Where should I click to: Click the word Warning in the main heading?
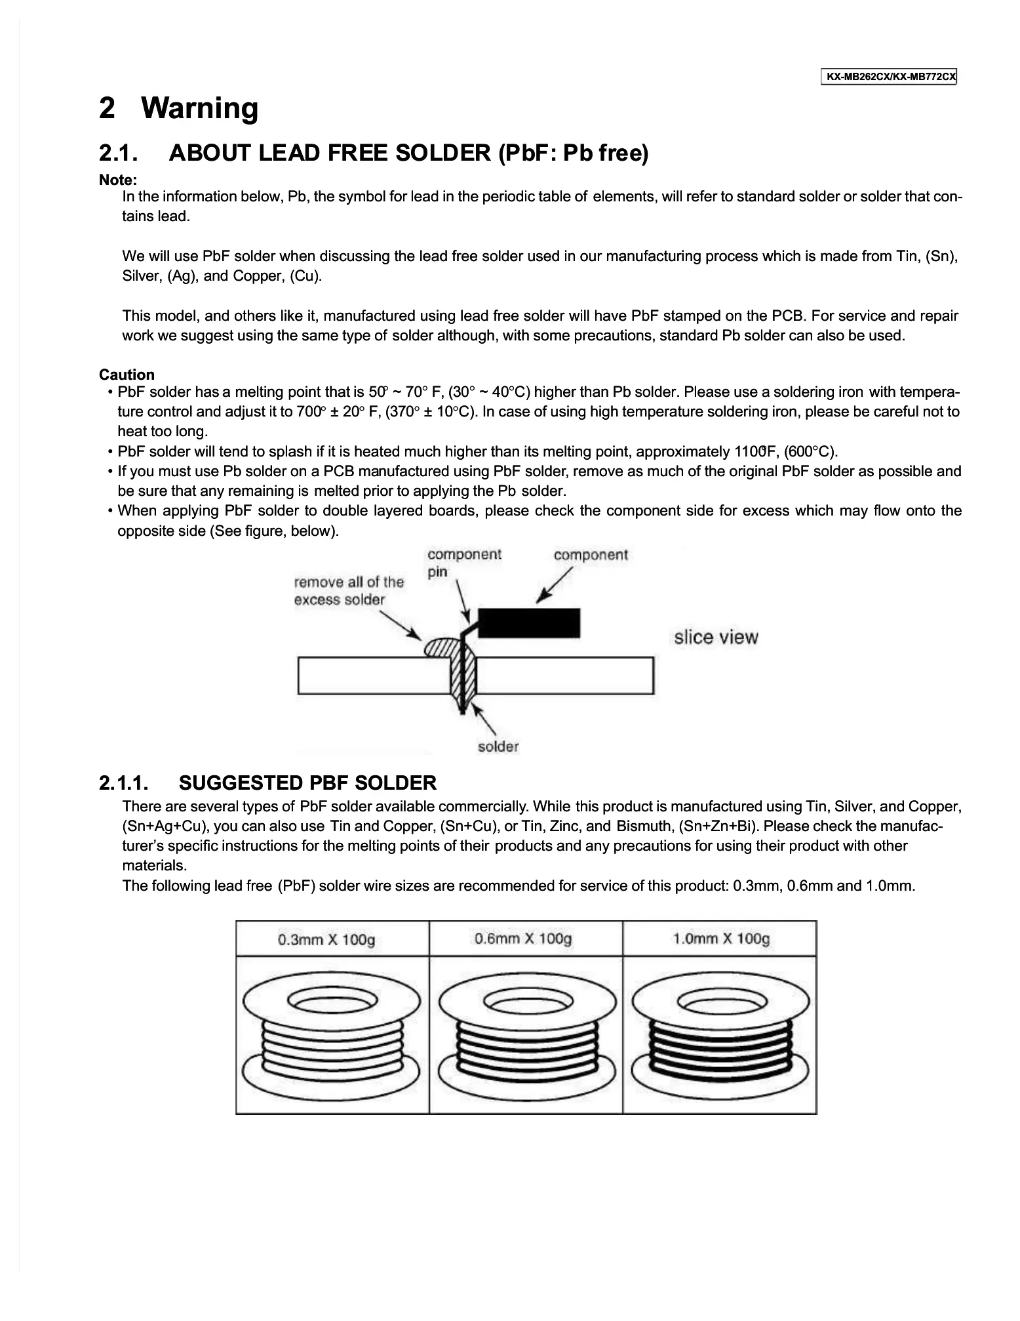[200, 108]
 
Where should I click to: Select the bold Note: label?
[118, 180]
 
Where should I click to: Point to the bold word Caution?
[127, 375]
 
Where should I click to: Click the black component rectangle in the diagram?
[529, 622]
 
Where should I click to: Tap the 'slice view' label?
[716, 638]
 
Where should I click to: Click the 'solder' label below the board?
[498, 746]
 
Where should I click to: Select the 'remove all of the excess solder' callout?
[349, 590]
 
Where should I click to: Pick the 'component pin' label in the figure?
[463, 563]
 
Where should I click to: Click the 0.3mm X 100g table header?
[326, 940]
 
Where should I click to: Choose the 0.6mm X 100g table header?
[523, 939]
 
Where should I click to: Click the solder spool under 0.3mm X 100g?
[332, 1036]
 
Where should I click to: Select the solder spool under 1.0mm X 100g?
[720, 1036]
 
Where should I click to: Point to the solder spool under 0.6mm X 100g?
[526, 1036]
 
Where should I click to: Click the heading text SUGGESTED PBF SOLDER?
[307, 783]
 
